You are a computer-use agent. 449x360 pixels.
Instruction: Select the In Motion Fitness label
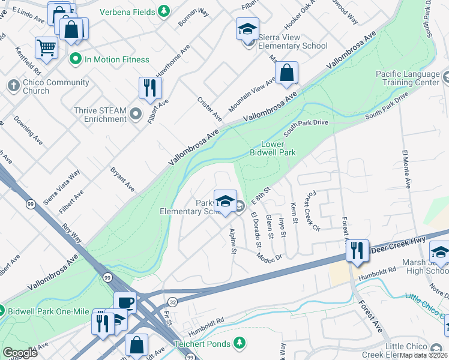[x=116, y=59]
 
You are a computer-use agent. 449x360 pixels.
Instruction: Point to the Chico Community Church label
[x=50, y=86]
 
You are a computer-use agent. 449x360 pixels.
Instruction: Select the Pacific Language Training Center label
[x=408, y=78]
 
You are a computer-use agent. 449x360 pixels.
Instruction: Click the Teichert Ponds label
[x=203, y=342]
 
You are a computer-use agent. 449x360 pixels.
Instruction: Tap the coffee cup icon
[x=125, y=302]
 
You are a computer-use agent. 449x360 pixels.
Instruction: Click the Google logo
[x=20, y=353]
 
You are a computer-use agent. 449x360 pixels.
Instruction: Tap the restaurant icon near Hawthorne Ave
[x=149, y=88]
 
